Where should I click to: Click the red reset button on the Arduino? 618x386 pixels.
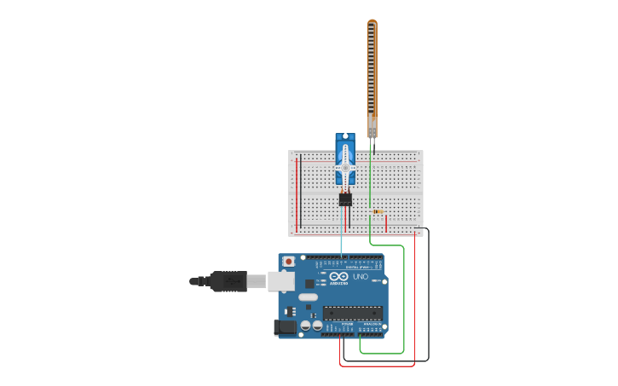coord(289,261)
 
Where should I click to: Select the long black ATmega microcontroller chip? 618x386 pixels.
coord(352,313)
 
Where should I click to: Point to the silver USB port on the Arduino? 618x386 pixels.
coord(280,280)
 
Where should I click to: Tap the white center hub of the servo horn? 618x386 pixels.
coord(345,169)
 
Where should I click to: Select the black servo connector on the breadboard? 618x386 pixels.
coord(345,199)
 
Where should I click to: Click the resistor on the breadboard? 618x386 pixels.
coord(378,211)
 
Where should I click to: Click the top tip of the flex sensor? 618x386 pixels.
coord(372,22)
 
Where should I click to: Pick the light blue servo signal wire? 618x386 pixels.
coord(342,234)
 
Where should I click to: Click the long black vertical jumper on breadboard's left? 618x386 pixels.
coord(301,191)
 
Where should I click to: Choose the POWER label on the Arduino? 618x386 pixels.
coord(347,325)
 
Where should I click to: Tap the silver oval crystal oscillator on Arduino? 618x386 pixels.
coord(308,297)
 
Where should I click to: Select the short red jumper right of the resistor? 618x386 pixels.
coord(386,223)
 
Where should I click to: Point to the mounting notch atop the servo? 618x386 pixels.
coord(345,136)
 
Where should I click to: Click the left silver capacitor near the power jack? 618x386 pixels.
coord(305,325)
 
